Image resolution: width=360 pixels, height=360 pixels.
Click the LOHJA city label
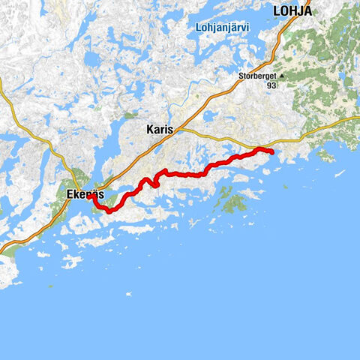tap(292, 10)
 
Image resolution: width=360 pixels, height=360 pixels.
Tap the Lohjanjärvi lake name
tap(217, 29)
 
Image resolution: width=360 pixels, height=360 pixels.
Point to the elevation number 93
tap(271, 85)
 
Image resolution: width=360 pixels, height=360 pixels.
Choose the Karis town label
tap(159, 129)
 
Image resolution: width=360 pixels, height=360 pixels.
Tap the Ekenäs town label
tap(83, 193)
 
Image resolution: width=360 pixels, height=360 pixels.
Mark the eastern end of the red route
tap(271, 153)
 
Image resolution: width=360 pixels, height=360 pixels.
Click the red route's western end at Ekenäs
tap(89, 196)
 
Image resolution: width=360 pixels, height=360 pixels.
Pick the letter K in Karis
tap(148, 129)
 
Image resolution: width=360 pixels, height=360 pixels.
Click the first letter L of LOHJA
tap(277, 10)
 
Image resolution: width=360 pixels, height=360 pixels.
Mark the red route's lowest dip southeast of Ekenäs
tap(110, 211)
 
